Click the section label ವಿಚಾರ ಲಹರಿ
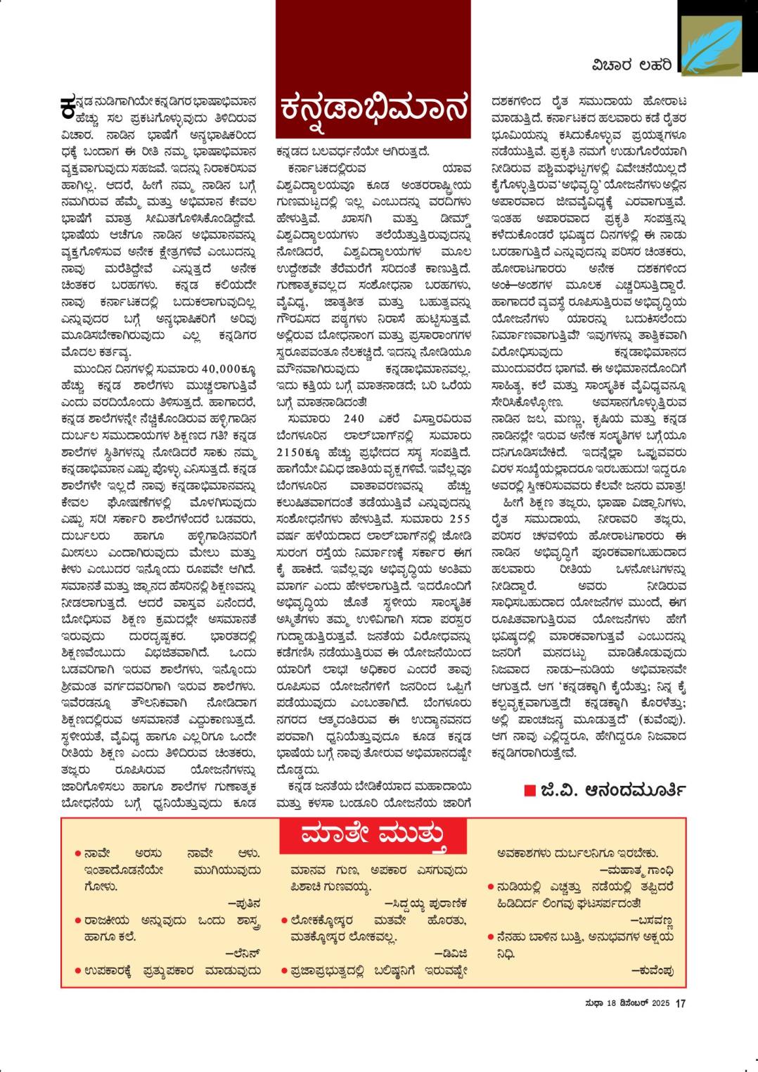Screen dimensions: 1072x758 (630, 65)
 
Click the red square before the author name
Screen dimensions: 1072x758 (529, 791)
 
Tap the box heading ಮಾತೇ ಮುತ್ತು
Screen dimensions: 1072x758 (373, 837)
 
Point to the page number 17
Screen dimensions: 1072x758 (680, 1004)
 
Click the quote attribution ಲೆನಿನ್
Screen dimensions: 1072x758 (243, 954)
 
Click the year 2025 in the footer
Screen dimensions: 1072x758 (660, 1004)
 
